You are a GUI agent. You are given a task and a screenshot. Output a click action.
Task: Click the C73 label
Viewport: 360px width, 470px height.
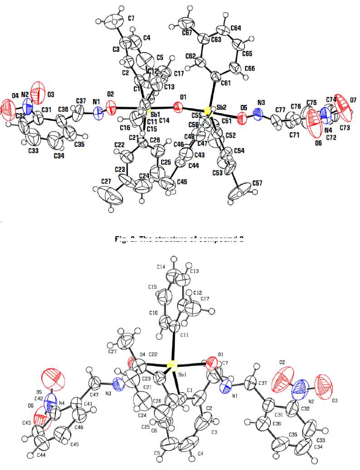tap(345, 129)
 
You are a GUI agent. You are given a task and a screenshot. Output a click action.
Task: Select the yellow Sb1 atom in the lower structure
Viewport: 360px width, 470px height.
tap(171, 365)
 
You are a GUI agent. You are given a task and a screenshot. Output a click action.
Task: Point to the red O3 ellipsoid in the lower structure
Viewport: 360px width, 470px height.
tap(324, 385)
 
